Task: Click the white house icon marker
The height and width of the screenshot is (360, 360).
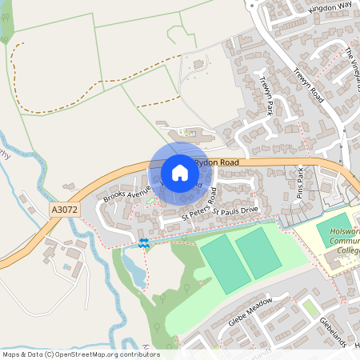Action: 180,172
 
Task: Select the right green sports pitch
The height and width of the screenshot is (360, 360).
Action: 258,252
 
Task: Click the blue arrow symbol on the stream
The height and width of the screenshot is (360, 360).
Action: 143,242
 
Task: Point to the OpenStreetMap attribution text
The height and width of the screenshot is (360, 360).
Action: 81,354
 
